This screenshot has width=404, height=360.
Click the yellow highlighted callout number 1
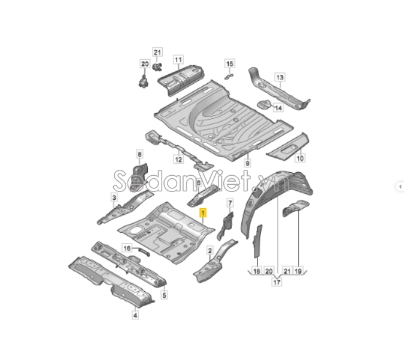click(203, 213)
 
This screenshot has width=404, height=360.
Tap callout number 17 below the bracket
click(277, 282)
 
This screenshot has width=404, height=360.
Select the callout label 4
click(135, 315)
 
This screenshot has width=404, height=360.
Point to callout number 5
click(165, 295)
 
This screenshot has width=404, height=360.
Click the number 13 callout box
click(280, 77)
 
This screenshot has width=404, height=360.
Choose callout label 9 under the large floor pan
click(247, 163)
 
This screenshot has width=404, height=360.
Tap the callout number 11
click(178, 60)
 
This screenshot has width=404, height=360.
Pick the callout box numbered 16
click(127, 248)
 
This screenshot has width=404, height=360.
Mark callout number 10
click(300, 158)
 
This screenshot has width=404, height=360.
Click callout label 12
click(178, 160)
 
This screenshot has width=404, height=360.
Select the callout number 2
click(210, 251)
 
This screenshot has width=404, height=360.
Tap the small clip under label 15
click(229, 76)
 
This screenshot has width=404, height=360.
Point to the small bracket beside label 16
click(144, 251)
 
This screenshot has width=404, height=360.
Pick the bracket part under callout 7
click(226, 225)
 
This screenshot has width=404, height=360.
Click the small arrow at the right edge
click(400, 186)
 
